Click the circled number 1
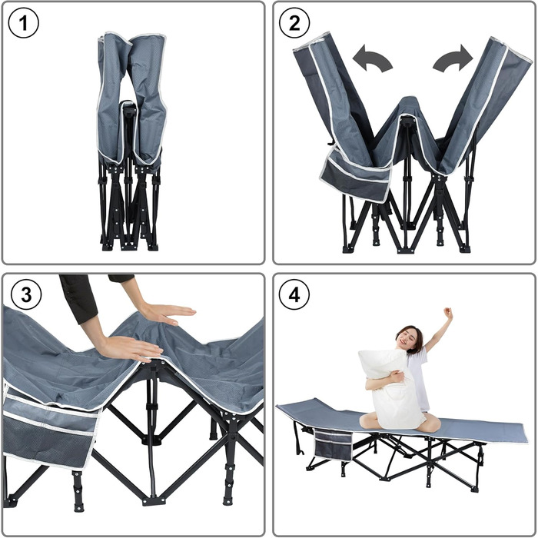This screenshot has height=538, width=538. pos(23,23)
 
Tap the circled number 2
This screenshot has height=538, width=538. pos(294,23)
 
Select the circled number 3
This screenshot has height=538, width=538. pos(26,294)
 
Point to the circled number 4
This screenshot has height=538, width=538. pos(294,294)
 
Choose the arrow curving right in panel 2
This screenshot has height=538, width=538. pos(453,59)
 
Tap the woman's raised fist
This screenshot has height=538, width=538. pos(448,312)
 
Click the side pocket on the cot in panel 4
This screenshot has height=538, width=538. pos(333,445)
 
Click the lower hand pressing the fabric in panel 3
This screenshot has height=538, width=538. pos(132,349)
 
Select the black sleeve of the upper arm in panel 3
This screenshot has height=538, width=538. pos(78,298)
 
